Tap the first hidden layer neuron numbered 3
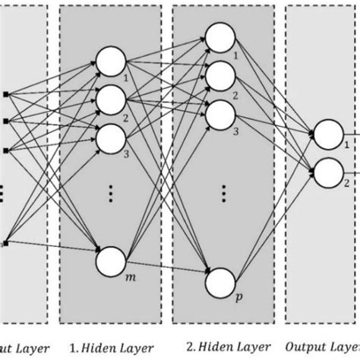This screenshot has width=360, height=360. [111, 137]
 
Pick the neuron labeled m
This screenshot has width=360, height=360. [111, 262]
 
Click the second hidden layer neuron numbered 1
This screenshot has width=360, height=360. [221, 37]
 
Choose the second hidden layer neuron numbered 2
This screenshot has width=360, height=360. [221, 74]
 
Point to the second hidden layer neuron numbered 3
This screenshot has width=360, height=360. [221, 112]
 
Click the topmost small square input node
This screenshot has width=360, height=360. [6, 94]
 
